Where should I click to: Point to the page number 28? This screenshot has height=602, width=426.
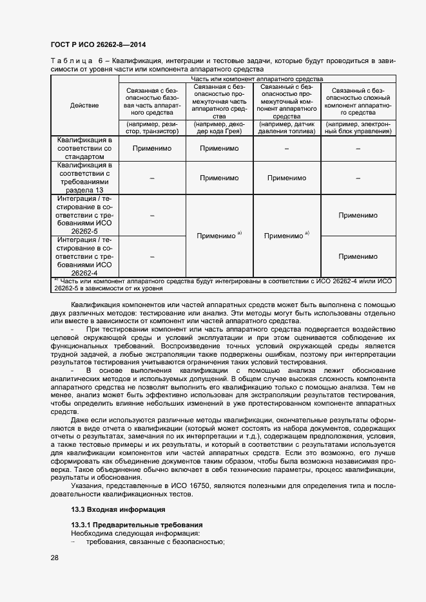pyautogui.click(x=54, y=558)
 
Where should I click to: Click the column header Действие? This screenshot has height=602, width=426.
pyautogui.click(x=84, y=105)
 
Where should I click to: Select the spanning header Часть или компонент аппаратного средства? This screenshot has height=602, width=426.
pyautogui.click(x=257, y=79)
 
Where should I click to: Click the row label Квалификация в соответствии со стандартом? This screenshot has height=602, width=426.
pyautogui.click(x=84, y=148)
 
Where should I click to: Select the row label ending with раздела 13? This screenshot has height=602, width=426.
pyautogui.click(x=84, y=178)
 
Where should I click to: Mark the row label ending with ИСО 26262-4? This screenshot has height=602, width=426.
pyautogui.click(x=84, y=256)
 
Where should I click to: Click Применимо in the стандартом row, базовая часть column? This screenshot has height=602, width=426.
pyautogui.click(x=152, y=148)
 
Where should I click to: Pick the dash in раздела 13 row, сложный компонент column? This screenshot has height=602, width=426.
pyautogui.click(x=358, y=178)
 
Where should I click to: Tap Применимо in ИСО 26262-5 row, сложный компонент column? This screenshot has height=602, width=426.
pyautogui.click(x=358, y=215)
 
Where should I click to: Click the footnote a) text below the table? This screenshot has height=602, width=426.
pyautogui.click(x=223, y=285)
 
